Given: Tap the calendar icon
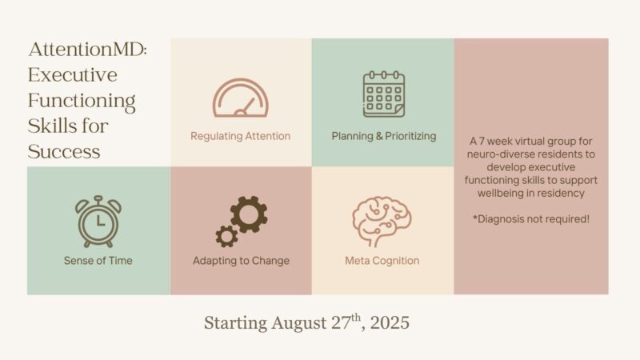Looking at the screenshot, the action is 384,94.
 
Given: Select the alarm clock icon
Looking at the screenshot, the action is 98,222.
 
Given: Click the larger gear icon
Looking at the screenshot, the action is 249,214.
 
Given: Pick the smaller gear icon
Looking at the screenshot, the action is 226,236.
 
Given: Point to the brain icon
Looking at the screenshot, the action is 382,222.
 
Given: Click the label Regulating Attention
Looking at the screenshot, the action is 241,136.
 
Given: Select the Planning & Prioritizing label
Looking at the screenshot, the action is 384,136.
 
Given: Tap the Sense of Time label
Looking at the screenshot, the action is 98,261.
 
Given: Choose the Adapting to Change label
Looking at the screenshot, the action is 241,261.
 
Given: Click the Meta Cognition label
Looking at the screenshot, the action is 382,261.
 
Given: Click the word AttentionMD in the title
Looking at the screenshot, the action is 87,50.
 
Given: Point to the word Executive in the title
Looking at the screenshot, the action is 73,74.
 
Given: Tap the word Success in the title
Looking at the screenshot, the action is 64,151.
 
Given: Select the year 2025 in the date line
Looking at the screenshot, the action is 390,322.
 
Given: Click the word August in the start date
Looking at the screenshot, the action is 298,323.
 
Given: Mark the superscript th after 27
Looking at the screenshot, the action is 356,317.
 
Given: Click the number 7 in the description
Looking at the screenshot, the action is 482,142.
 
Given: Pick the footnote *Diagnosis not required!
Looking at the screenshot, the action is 531,219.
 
